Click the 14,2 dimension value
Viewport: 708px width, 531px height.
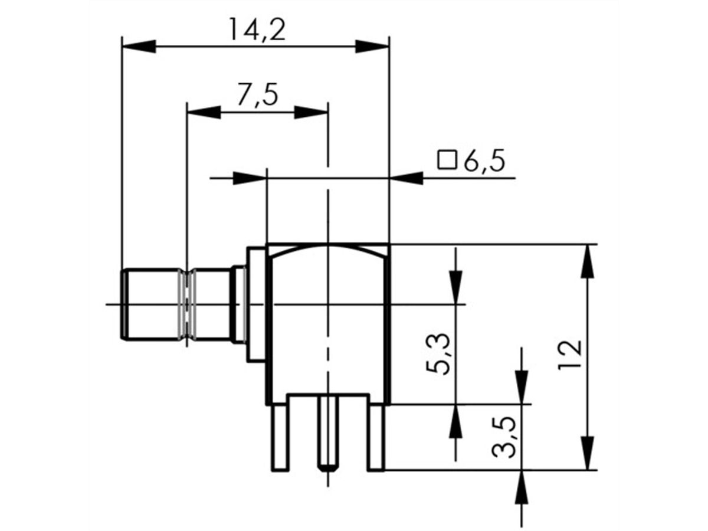click(x=257, y=30)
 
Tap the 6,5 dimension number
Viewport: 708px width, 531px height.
click(x=484, y=161)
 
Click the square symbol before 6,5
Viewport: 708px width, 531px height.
click(x=447, y=160)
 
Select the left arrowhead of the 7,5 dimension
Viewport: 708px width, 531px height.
click(x=203, y=112)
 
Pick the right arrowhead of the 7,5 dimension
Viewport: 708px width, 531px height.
click(x=311, y=112)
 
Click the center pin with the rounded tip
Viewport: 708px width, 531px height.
click(x=327, y=434)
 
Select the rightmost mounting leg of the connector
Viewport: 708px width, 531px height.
click(x=376, y=437)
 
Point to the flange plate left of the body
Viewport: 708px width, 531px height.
click(x=256, y=304)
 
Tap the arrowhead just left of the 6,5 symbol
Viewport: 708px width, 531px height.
click(x=407, y=177)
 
